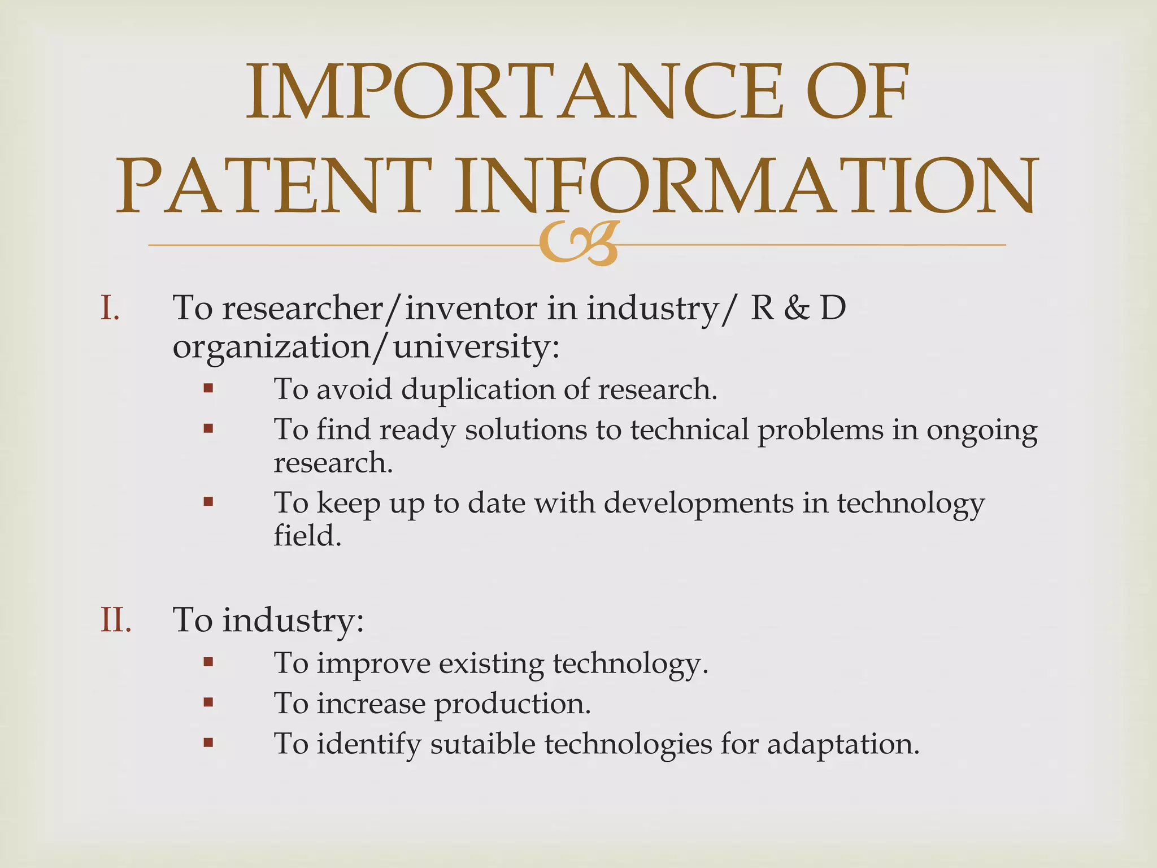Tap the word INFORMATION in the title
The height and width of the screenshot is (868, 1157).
pos(746,187)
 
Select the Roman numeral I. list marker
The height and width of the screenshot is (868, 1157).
pos(110,309)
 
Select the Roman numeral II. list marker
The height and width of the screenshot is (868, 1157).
pos(116,620)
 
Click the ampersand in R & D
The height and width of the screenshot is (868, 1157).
pos(797,309)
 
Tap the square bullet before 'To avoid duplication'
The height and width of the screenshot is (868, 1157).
pos(208,388)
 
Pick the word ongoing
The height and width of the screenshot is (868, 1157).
pos(981,431)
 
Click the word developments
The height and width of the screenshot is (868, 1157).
pos(698,504)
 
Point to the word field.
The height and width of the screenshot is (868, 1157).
pos(307,535)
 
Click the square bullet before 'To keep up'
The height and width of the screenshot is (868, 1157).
pos(208,501)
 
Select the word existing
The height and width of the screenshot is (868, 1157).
pos(491,664)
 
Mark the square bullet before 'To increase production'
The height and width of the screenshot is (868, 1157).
pos(208,702)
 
